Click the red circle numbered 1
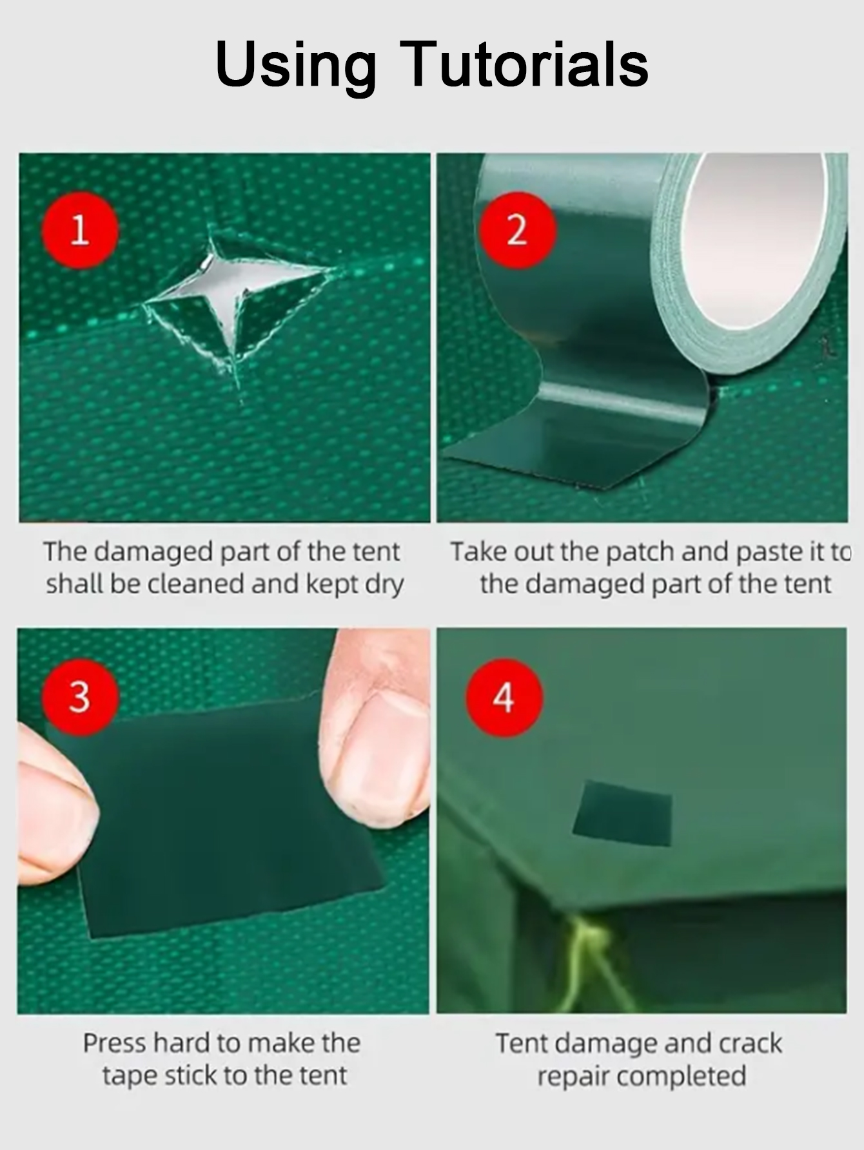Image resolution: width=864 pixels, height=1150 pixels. point(80,230)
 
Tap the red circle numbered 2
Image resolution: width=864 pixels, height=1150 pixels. point(517,230)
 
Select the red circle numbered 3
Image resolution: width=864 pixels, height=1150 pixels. point(80,697)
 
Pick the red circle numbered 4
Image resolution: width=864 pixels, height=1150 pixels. point(504,697)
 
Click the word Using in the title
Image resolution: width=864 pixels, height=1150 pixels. point(296,64)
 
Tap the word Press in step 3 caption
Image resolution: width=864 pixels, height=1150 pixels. point(113,1043)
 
